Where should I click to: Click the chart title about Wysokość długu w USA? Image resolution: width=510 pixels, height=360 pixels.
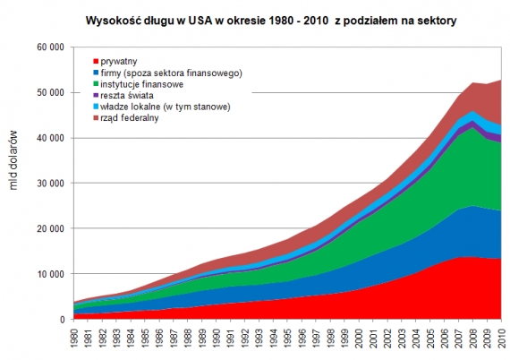(272, 18)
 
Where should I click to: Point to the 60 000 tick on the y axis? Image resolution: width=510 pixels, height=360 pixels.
(49, 47)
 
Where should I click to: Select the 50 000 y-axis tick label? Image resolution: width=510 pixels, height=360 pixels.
(49, 92)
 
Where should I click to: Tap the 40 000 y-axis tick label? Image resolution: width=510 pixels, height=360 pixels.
(49, 138)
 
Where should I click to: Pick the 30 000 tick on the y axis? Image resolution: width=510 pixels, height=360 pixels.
(49, 184)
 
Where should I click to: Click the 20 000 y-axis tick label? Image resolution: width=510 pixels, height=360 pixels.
(49, 228)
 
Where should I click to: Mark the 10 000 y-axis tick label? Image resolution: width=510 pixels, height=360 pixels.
(49, 274)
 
